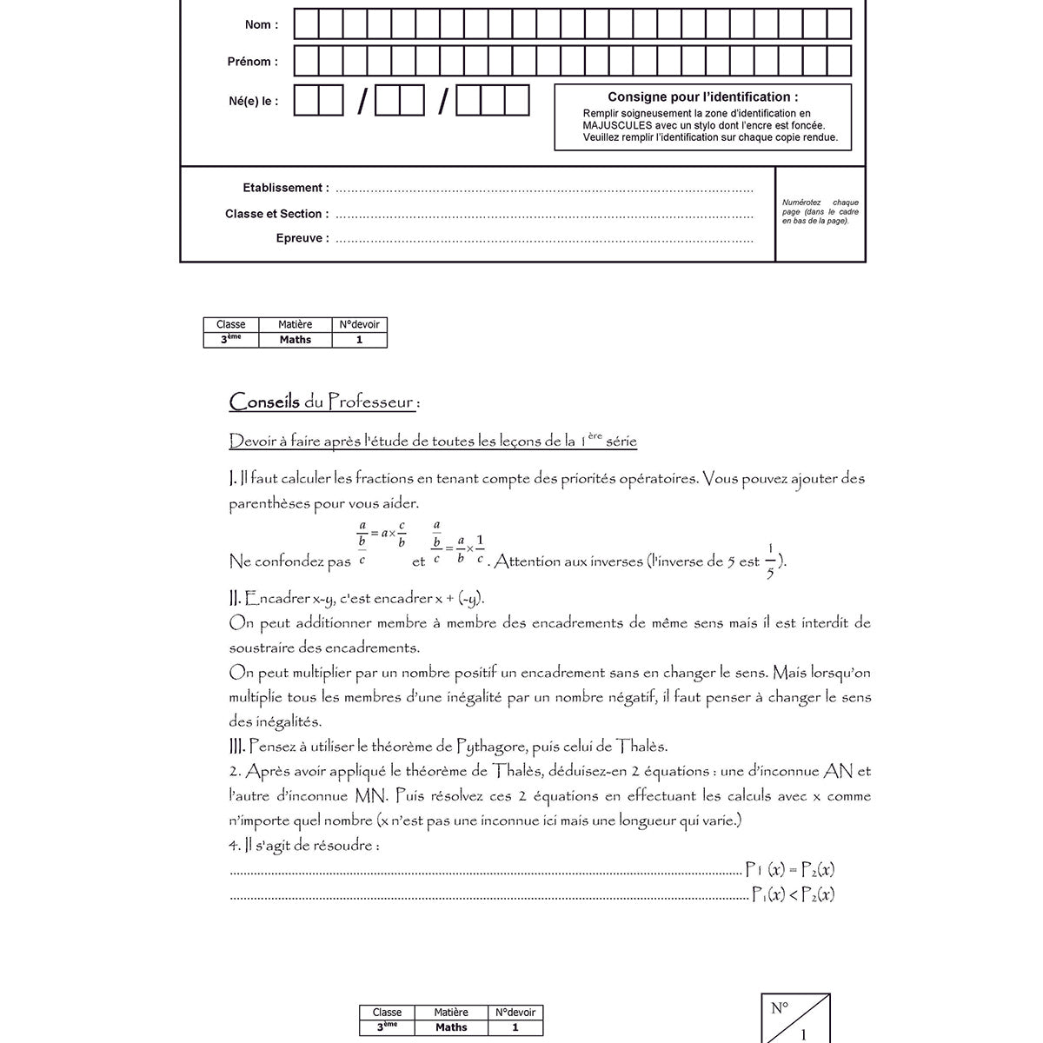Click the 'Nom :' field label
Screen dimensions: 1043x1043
pos(262,24)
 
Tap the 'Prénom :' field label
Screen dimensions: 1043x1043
pos(253,62)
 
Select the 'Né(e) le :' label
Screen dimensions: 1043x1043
pos(254,101)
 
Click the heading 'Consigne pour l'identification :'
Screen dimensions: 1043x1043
pos(702,97)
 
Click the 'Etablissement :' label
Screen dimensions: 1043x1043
pos(285,188)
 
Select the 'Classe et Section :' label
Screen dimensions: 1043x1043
pos(276,214)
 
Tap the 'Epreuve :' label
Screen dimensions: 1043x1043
pos(302,238)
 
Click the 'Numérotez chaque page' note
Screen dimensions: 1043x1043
pos(820,211)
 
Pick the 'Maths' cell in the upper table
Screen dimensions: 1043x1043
pos(296,340)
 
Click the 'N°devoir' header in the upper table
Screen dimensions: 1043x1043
pos(359,324)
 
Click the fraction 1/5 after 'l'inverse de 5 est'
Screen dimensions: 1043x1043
pos(770,561)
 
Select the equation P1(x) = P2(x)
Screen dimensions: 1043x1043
pos(791,869)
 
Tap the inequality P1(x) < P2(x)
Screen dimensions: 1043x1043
pos(793,894)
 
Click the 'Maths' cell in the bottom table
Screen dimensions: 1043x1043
pos(451,1027)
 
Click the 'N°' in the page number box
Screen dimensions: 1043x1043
pos(780,1008)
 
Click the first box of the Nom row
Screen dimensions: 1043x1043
pos(306,24)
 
